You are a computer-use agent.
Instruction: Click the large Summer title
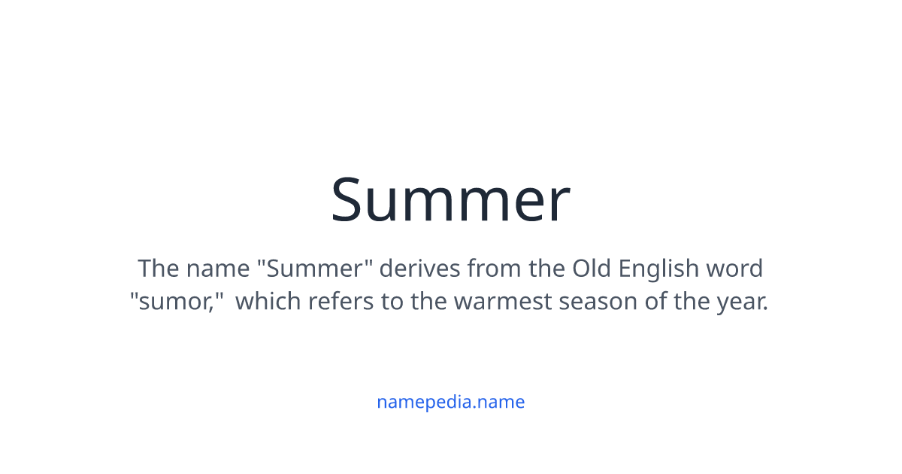(450, 200)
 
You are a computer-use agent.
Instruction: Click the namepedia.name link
(450, 402)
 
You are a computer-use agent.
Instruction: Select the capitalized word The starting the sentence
(159, 268)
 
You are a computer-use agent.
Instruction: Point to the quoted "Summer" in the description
(320, 268)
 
